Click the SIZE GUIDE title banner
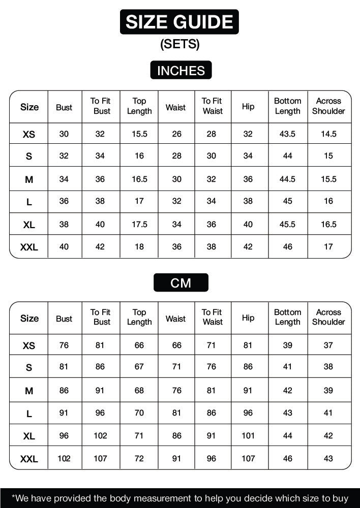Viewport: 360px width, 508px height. (x=179, y=22)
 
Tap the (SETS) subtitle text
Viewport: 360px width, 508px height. (x=180, y=44)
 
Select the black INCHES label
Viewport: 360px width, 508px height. (x=181, y=71)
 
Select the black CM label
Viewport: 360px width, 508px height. (x=181, y=282)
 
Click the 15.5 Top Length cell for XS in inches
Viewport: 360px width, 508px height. (x=139, y=134)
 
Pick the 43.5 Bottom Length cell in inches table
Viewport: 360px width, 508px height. (x=287, y=134)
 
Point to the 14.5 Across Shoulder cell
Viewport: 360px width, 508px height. (x=328, y=134)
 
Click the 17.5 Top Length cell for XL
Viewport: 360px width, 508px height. (x=139, y=224)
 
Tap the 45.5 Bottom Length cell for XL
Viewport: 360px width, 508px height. (x=287, y=224)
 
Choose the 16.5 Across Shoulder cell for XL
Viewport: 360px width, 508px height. (x=328, y=224)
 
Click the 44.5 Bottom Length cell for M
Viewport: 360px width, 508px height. (x=287, y=179)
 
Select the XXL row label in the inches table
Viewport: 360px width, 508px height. (x=29, y=247)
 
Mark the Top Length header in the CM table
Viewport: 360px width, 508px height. (x=139, y=317)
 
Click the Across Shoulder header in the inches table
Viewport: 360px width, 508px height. (x=328, y=106)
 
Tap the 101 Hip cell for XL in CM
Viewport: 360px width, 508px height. (x=248, y=435)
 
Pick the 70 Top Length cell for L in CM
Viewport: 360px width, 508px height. (x=139, y=413)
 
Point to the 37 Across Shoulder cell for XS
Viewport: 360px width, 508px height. (x=328, y=345)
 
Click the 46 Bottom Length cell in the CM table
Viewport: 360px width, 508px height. (x=287, y=458)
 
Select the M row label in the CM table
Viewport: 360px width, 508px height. (x=29, y=391)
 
